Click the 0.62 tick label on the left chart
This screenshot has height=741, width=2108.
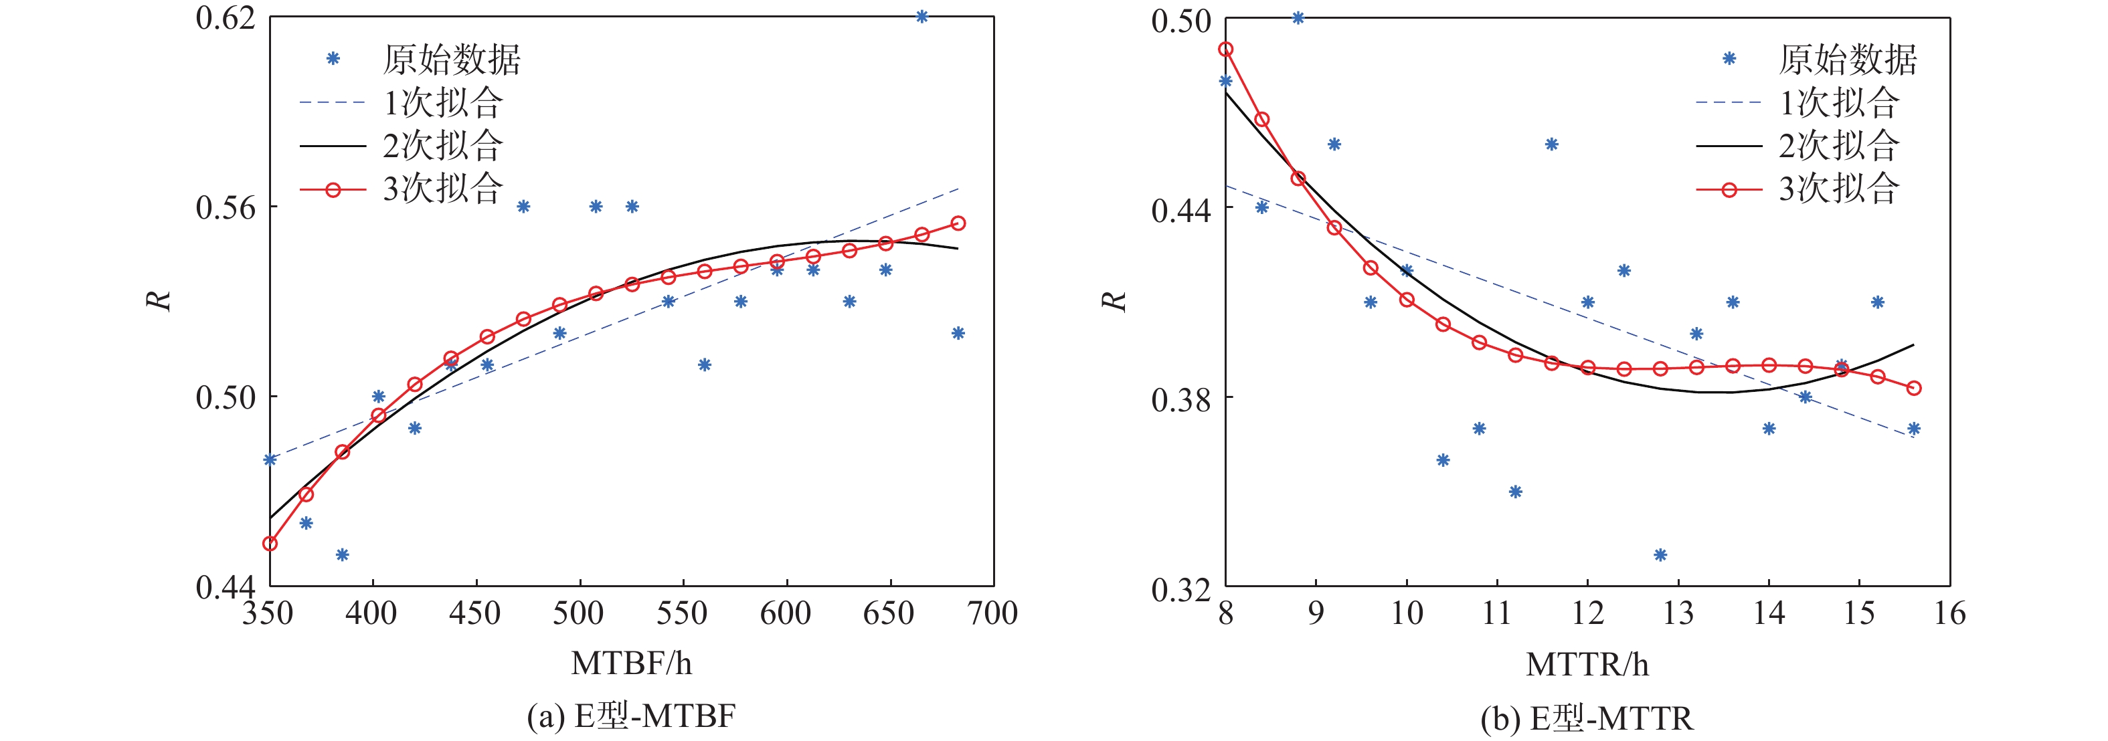click(x=225, y=18)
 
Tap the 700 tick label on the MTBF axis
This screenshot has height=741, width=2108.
click(x=992, y=613)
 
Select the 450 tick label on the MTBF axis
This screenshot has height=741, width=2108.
click(x=475, y=613)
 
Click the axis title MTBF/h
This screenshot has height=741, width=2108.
click(x=631, y=663)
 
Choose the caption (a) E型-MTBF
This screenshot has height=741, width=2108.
click(x=631, y=716)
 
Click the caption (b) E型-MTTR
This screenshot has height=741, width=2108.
click(x=1587, y=718)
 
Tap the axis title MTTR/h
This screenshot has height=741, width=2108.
click(x=1587, y=664)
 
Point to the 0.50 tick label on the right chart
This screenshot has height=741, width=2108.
click(x=1181, y=21)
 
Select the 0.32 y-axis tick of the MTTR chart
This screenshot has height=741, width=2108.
click(x=1181, y=589)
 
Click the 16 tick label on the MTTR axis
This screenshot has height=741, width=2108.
click(x=1950, y=613)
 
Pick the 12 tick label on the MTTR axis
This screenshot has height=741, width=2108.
click(x=1587, y=613)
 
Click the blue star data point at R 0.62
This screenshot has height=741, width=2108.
click(x=921, y=16)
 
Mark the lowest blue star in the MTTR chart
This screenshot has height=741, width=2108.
click(x=1660, y=555)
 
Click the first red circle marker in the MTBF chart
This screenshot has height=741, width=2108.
click(x=270, y=544)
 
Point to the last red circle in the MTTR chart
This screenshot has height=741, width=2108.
click(x=1914, y=389)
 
